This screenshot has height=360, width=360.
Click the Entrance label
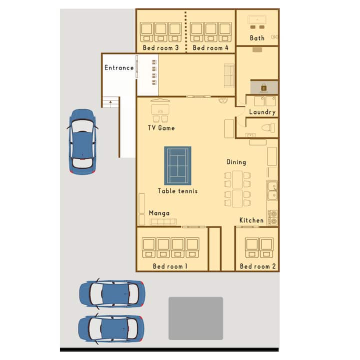119,67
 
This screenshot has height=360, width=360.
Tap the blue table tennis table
177,165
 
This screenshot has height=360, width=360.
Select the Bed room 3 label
160,48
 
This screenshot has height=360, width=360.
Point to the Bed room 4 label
210,48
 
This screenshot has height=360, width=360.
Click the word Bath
257,38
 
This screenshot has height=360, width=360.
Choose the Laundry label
262,112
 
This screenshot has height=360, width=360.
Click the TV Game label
161,128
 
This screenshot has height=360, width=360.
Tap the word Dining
236,162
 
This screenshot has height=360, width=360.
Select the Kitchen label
251,220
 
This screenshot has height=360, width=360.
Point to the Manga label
159,213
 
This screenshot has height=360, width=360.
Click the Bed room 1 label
170,266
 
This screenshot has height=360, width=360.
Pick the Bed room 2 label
257,266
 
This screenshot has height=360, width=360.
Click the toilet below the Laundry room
268,127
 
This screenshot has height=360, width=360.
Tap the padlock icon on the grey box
264,87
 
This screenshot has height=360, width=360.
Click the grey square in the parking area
196,318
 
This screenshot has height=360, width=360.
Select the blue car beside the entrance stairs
82,141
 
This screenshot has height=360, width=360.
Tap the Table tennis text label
177,191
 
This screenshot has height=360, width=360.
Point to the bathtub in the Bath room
257,19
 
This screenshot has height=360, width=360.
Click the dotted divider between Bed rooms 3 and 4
185,31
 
